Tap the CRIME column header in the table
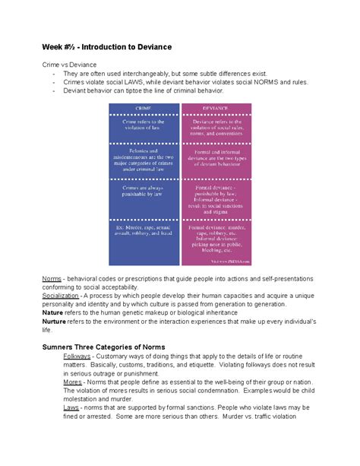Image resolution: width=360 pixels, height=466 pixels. [x=144, y=107]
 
